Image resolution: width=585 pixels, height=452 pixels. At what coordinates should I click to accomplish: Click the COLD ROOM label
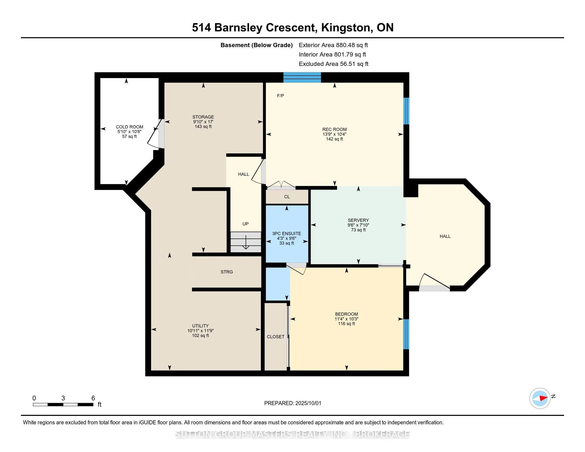[129, 127]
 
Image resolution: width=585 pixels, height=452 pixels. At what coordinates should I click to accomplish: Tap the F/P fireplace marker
[281, 96]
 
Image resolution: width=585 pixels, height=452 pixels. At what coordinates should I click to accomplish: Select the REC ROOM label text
[334, 129]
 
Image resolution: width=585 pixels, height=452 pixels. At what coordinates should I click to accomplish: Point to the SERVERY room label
[358, 220]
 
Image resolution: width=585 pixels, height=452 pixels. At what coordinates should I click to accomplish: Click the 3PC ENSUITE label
[287, 233]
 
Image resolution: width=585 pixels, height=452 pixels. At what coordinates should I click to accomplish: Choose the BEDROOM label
[346, 314]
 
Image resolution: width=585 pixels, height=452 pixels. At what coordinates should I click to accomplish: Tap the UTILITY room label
[200, 326]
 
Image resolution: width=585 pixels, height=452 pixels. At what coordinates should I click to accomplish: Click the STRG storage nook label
[227, 272]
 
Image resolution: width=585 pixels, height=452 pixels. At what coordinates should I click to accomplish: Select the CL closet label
[287, 196]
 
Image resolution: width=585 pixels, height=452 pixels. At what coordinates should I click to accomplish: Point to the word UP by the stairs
[245, 224]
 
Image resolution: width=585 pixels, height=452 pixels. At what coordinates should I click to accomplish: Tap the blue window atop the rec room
[302, 77]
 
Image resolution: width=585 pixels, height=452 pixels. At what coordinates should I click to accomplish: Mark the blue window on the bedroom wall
[406, 334]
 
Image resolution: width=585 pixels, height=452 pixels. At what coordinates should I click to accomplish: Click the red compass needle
[543, 398]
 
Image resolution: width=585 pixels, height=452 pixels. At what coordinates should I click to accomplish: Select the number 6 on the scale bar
[93, 398]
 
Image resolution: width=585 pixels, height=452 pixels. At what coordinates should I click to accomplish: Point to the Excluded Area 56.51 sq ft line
[333, 64]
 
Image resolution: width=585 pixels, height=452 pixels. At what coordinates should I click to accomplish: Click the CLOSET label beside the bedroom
[276, 337]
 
